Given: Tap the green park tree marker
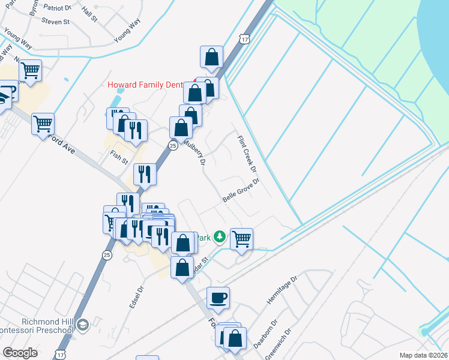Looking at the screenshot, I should tap(220, 236).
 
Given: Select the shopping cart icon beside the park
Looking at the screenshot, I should tap(241, 239).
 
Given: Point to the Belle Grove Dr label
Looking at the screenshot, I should tap(240, 190).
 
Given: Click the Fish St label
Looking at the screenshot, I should tap(119, 158).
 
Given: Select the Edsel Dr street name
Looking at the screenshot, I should tap(137, 297).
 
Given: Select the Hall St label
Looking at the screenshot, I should tap(89, 15).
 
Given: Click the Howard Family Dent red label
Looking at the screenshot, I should tap(145, 85).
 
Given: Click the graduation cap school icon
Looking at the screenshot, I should tap(82, 325).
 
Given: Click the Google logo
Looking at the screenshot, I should tap(20, 353).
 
